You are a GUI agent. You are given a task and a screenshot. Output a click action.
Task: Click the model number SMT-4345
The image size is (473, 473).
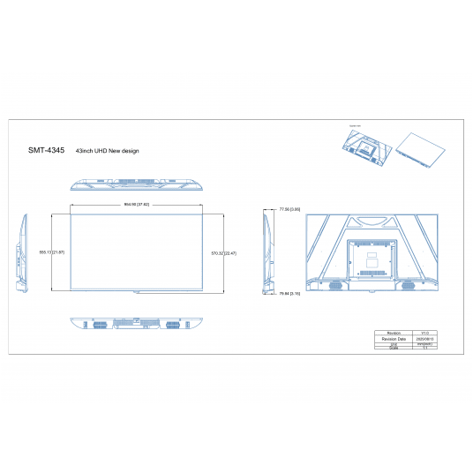(46, 151)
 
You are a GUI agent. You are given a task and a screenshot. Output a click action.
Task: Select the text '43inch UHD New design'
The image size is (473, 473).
(108, 152)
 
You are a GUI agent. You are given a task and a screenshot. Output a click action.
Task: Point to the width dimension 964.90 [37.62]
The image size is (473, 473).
(136, 205)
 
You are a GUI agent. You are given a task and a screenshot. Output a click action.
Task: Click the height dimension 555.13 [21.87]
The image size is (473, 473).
(57, 252)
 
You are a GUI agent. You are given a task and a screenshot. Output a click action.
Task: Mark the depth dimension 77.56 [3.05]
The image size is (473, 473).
(289, 210)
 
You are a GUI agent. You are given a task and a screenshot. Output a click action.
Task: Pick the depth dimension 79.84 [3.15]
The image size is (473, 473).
(289, 294)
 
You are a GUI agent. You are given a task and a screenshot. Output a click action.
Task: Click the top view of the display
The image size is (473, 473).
(136, 185)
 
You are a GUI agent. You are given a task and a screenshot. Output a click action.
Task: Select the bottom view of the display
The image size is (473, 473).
(136, 324)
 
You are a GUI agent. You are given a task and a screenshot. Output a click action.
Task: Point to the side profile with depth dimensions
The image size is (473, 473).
(267, 252)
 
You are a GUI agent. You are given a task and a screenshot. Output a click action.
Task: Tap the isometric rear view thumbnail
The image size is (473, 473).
(366, 144)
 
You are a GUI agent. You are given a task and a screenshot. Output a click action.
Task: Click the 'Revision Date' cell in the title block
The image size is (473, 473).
(394, 338)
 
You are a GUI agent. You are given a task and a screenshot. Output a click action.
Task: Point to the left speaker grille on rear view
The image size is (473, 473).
(335, 285)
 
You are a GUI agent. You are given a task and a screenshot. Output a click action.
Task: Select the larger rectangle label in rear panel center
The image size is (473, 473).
(373, 261)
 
